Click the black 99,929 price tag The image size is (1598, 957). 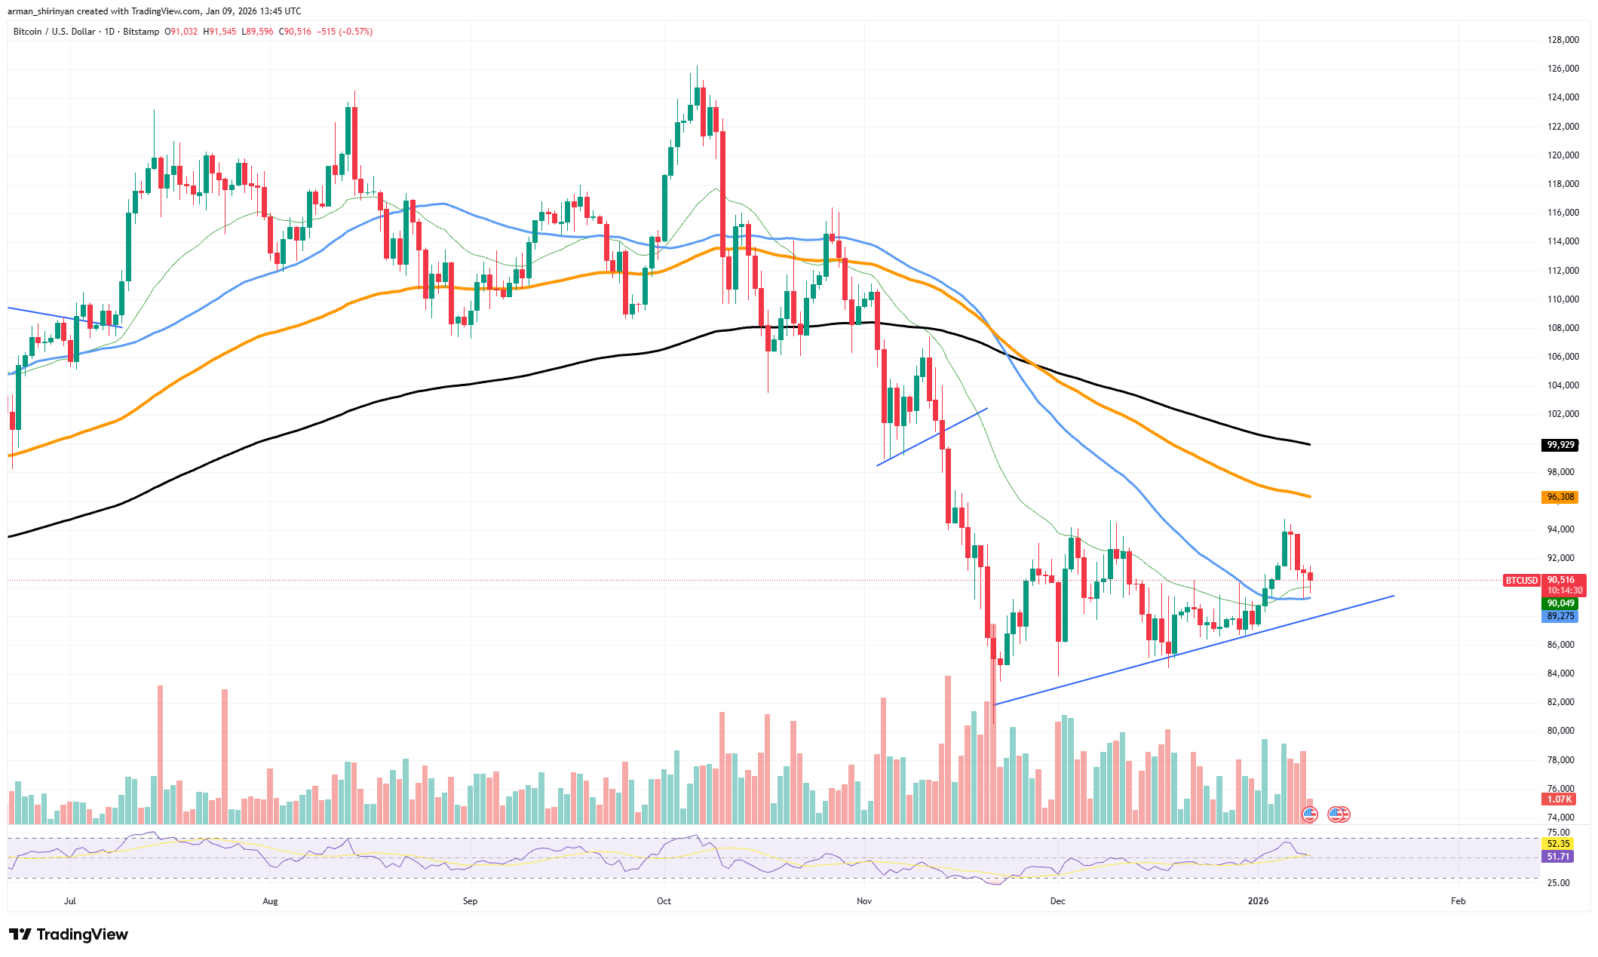(x=1560, y=445)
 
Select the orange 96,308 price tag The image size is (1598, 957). (x=1560, y=497)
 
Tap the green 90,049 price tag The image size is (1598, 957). (x=1560, y=603)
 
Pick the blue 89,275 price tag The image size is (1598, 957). (x=1560, y=616)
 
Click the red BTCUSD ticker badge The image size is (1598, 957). (x=1521, y=581)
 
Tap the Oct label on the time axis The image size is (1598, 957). (x=664, y=901)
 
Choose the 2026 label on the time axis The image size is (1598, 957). (x=1258, y=901)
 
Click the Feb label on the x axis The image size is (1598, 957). (x=1458, y=901)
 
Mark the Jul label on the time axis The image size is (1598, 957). (x=70, y=901)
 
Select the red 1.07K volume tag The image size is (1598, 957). (x=1559, y=799)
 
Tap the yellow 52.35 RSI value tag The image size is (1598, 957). (x=1558, y=844)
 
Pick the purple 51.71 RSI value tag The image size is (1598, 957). (x=1558, y=857)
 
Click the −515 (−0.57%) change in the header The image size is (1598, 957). (x=345, y=32)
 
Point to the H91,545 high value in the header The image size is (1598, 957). (x=219, y=32)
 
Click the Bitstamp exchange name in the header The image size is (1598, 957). (x=141, y=32)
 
